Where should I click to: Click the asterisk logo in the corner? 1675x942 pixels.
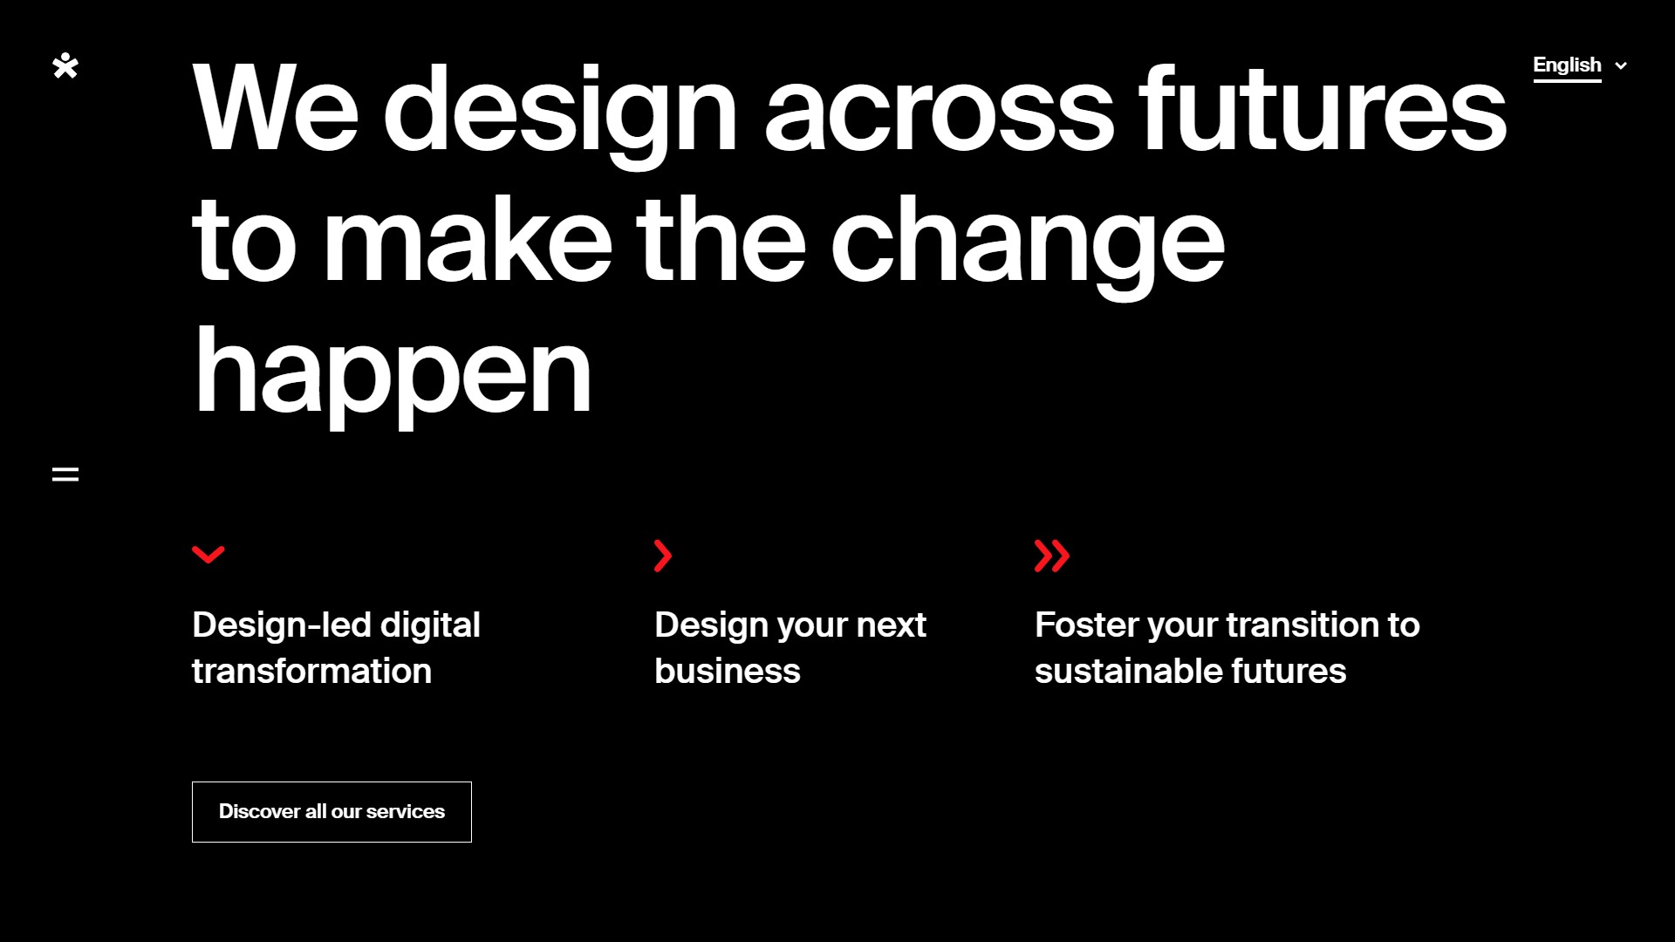pyautogui.click(x=65, y=65)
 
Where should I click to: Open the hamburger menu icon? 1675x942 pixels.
pyautogui.click(x=65, y=474)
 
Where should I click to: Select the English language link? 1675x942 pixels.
pyautogui.click(x=1567, y=65)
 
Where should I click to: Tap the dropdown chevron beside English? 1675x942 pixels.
pyautogui.click(x=1621, y=65)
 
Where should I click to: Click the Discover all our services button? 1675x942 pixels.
pyautogui.click(x=332, y=812)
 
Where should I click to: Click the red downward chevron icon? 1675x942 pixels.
pyautogui.click(x=209, y=555)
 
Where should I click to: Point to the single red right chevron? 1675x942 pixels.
pyautogui.click(x=663, y=556)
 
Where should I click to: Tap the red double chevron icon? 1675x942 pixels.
pyautogui.click(x=1052, y=556)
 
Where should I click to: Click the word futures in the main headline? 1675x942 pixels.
pyautogui.click(x=1323, y=110)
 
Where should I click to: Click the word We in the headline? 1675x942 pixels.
pyautogui.click(x=276, y=108)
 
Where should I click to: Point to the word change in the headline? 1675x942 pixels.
pyautogui.click(x=1028, y=240)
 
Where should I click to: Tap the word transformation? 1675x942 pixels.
pyautogui.click(x=311, y=671)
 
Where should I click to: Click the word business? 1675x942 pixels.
pyautogui.click(x=728, y=671)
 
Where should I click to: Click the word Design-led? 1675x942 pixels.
pyautogui.click(x=282, y=625)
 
